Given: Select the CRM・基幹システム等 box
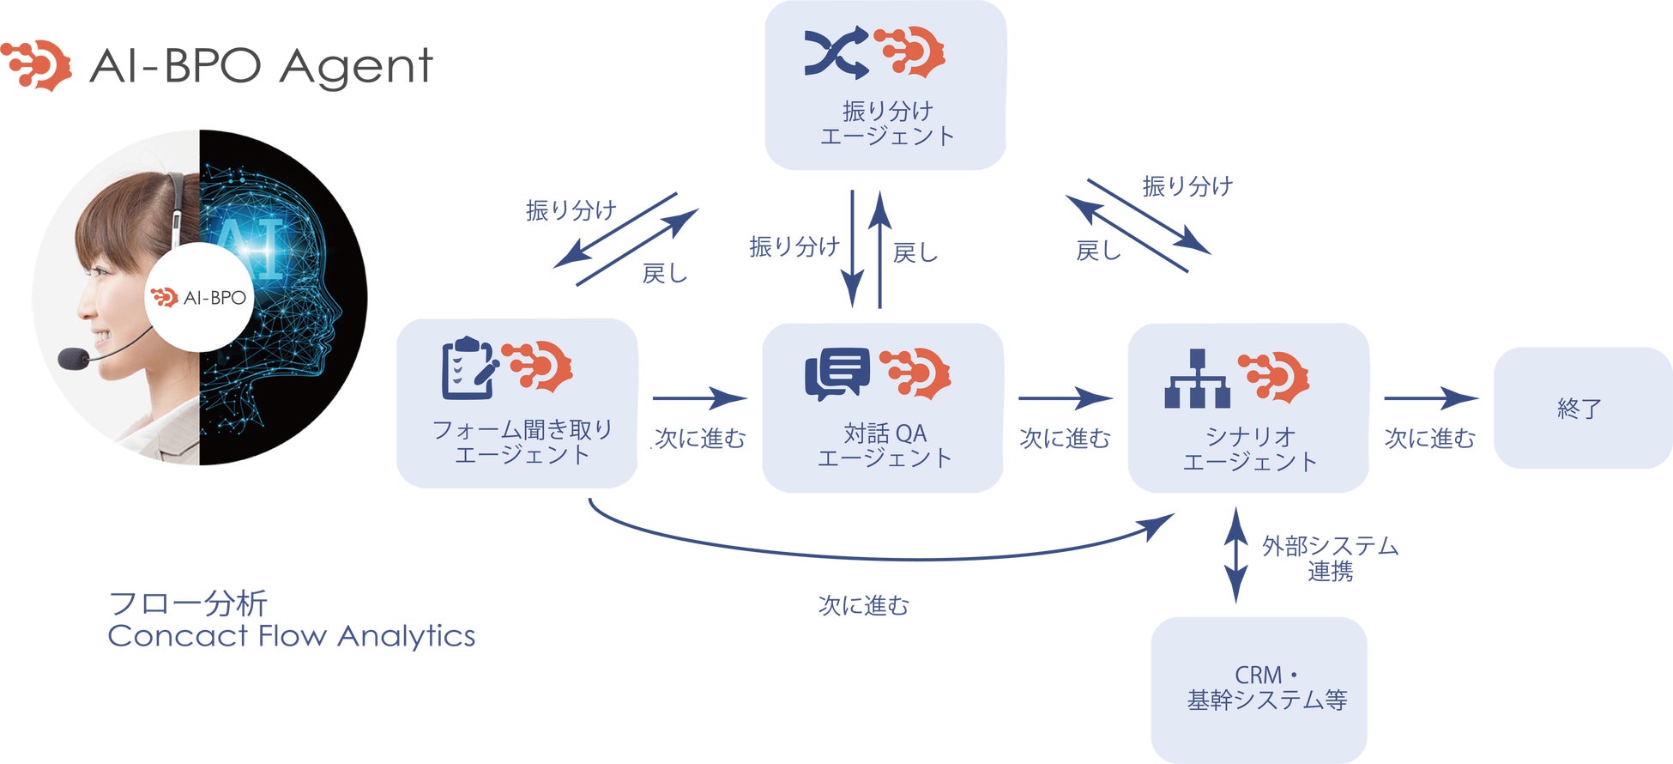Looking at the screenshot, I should (x=1259, y=688).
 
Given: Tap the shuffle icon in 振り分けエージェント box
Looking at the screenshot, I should (x=836, y=54).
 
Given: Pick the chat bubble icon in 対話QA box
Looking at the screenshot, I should (x=836, y=374).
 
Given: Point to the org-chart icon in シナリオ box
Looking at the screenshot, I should (x=1197, y=379).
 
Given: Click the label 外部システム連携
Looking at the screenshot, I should (x=1329, y=558).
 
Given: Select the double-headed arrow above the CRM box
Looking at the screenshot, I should (x=1235, y=555).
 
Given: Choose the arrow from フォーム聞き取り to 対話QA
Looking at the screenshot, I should (x=698, y=398).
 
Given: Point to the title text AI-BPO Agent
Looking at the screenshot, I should (x=261, y=65).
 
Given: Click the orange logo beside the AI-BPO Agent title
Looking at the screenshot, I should (x=37, y=64).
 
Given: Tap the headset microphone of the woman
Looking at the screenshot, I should (x=74, y=358).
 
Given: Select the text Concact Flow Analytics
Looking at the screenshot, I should (x=291, y=636).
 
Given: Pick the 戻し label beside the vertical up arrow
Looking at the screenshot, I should (x=915, y=252).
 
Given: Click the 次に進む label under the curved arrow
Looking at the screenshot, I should (x=863, y=606).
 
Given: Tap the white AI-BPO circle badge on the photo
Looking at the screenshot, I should (x=199, y=297).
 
